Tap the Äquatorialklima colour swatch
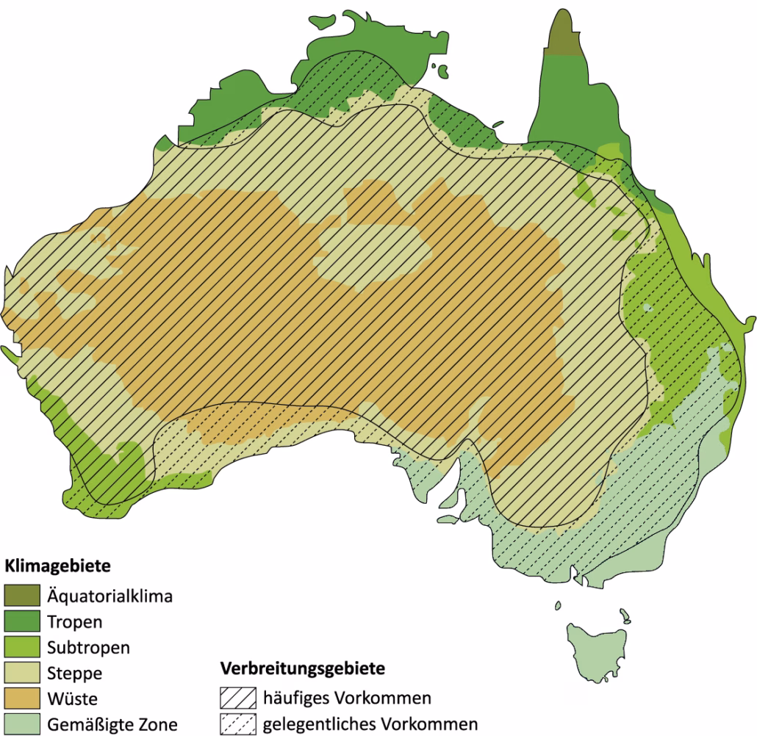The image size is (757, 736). (21, 596)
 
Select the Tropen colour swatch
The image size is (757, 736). (21, 621)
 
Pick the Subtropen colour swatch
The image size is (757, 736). (21, 647)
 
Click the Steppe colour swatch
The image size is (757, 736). (21, 673)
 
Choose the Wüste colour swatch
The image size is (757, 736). (21, 699)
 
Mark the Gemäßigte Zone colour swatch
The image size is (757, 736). (21, 724)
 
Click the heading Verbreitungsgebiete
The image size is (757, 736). (303, 670)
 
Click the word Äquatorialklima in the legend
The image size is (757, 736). (110, 596)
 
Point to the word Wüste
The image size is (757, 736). (72, 699)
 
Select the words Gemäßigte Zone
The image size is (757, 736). (112, 724)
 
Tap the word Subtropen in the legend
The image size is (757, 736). (88, 647)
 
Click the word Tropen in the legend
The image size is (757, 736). (74, 621)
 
